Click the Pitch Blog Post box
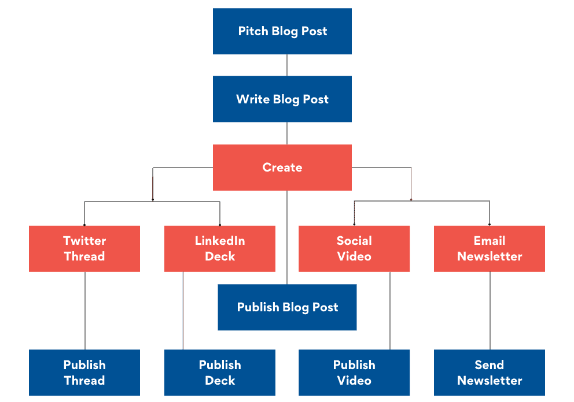pyautogui.click(x=282, y=31)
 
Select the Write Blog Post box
pyautogui.click(x=282, y=99)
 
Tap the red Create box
pyautogui.click(x=282, y=167)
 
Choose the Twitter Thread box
pyautogui.click(x=84, y=248)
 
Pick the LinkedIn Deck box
pyautogui.click(x=220, y=248)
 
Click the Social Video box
pyautogui.click(x=354, y=248)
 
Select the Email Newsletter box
pyautogui.click(x=490, y=248)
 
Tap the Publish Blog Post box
pyautogui.click(x=287, y=307)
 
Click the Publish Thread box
pyautogui.click(x=84, y=373)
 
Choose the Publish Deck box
pyautogui.click(x=220, y=373)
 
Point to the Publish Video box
pyautogui.click(x=354, y=373)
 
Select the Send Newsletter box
pyautogui.click(x=490, y=373)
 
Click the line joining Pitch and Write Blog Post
pyautogui.click(x=287, y=65)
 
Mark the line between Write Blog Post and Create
pyautogui.click(x=287, y=133)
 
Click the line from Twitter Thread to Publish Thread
pyautogui.click(x=85, y=311)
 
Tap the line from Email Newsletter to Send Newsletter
pyautogui.click(x=490, y=311)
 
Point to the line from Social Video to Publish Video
pyautogui.click(x=389, y=311)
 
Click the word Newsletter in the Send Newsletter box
pyautogui.click(x=490, y=381)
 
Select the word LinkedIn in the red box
pyautogui.click(x=220, y=241)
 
